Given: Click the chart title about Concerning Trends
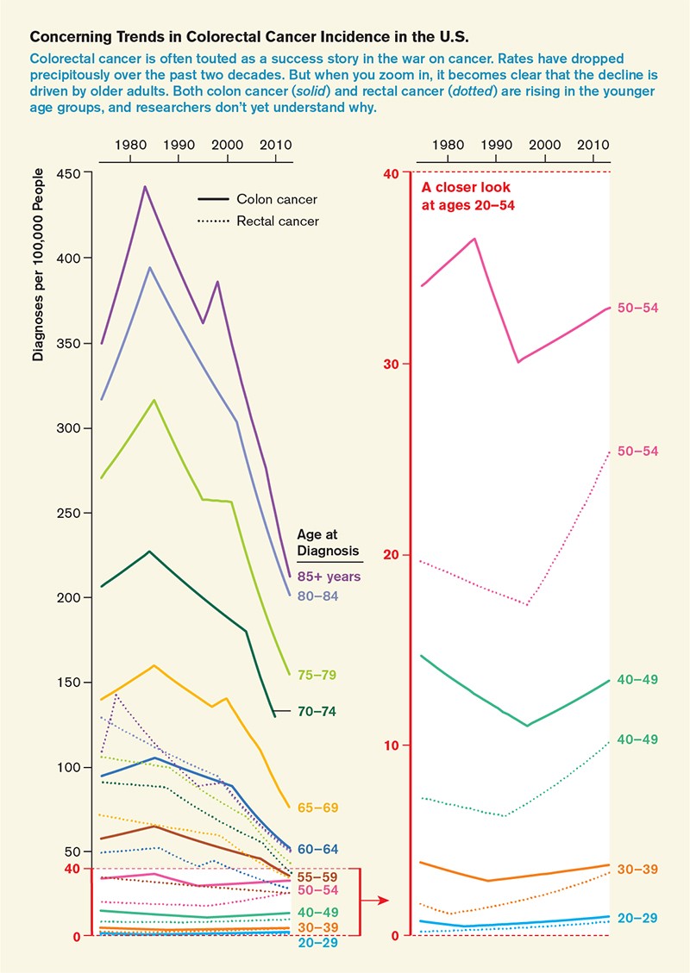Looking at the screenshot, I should (249, 39).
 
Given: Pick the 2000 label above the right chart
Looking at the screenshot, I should (544, 146).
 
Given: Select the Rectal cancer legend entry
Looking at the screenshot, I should (278, 221).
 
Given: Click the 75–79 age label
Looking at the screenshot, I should (317, 676).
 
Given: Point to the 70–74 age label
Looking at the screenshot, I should (317, 712).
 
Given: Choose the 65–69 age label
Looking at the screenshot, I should (317, 808).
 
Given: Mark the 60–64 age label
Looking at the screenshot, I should (317, 850).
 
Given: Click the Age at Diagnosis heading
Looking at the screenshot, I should (328, 542).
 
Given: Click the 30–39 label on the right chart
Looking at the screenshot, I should (638, 870).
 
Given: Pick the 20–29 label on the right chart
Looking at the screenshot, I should (638, 919).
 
